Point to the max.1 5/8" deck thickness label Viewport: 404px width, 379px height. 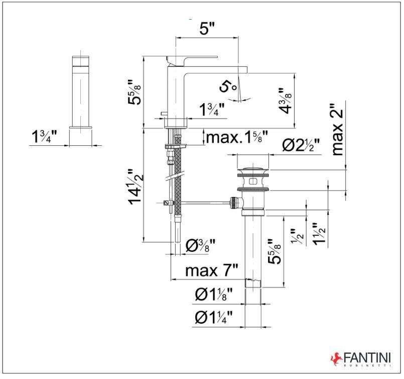point(236,136)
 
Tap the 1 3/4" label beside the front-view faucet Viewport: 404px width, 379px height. point(44,137)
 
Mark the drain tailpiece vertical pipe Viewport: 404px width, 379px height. point(253,246)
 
